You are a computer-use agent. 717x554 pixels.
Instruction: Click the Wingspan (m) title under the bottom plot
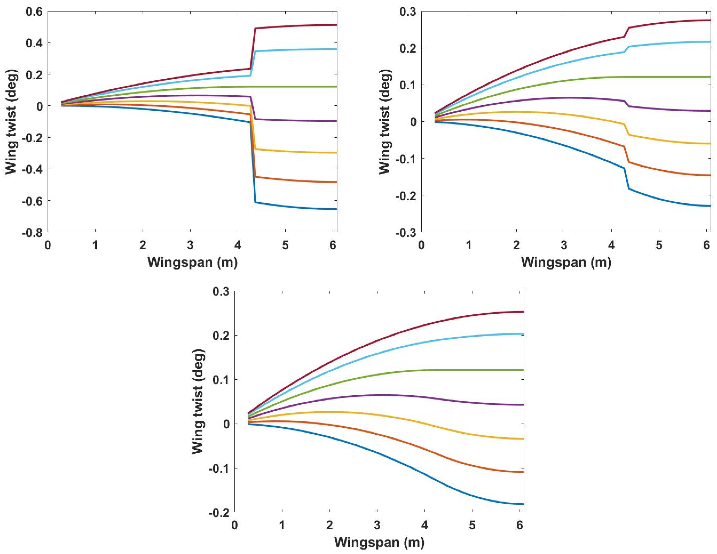tap(379, 542)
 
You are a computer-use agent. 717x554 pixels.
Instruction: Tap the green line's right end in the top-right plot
tap(710, 77)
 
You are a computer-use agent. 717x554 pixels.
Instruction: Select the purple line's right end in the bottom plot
tap(523, 405)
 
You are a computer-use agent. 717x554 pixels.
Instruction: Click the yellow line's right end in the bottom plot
tap(523, 439)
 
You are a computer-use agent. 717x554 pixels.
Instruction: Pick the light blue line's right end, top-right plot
tap(710, 42)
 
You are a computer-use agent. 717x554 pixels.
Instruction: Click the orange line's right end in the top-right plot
tap(710, 175)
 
